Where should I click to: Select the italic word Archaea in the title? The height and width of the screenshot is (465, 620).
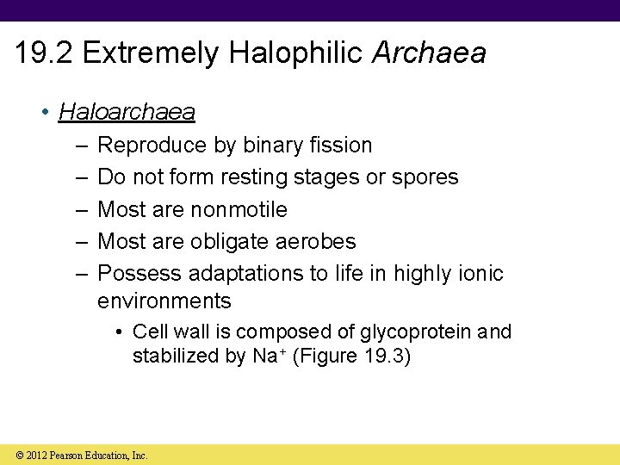[429, 53]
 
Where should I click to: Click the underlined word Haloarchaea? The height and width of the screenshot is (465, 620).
[127, 112]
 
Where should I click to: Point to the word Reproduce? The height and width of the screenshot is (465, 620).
[152, 146]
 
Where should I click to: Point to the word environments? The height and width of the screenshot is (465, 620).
[164, 301]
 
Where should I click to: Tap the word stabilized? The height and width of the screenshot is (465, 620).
[175, 356]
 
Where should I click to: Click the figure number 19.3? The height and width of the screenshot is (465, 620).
[383, 356]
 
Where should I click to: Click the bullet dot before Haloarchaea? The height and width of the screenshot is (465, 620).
[45, 113]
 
